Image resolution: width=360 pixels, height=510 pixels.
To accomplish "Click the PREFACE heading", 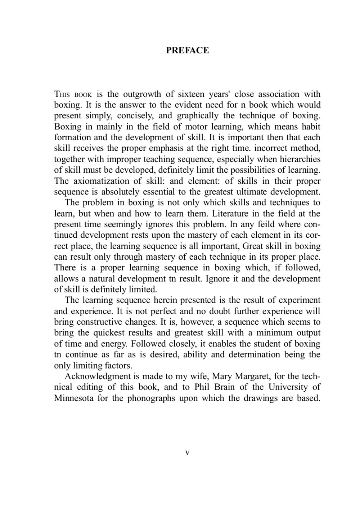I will [x=187, y=50].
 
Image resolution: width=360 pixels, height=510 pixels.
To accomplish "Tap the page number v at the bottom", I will [x=187, y=453].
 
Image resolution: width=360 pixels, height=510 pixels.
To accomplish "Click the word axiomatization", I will [x=109, y=181].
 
